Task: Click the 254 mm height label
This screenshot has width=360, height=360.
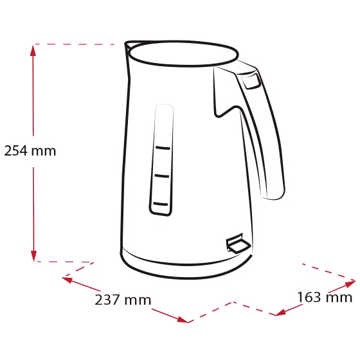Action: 30,151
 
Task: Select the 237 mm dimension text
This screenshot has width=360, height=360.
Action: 123,300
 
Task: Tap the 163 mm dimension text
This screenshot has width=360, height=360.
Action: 325,297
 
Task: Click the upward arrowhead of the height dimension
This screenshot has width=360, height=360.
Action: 33,50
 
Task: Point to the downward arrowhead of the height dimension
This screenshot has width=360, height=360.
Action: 33,256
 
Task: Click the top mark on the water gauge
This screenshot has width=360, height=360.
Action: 163,148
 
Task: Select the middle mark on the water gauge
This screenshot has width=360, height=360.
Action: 162,176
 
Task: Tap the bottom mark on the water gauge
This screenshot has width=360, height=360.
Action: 161,204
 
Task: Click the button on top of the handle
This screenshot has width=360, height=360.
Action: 251,81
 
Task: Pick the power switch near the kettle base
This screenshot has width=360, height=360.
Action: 238,244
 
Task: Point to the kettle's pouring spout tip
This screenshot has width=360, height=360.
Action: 126,44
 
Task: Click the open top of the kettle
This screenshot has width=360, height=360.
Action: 183,55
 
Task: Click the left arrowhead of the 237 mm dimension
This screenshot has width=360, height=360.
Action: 67,280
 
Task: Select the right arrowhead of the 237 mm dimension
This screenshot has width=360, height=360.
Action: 183,319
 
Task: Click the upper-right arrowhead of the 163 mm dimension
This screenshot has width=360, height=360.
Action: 350,283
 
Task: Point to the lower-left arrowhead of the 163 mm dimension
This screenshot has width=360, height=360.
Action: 280,312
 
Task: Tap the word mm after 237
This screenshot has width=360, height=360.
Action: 138,301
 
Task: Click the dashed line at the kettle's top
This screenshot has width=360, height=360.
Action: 75,44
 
